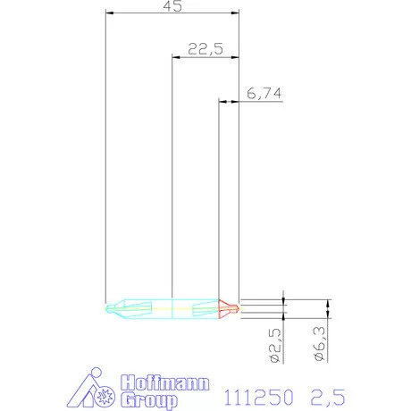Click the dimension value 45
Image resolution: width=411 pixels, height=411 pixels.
pos(172,5)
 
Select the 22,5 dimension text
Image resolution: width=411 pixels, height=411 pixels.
pos(205,50)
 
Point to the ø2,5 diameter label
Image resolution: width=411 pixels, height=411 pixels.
pos(276,345)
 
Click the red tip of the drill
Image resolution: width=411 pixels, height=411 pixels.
pos(229,308)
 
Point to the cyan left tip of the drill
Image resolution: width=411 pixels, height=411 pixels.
pos(109,308)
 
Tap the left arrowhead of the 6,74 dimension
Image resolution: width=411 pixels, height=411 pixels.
pos(222,103)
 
